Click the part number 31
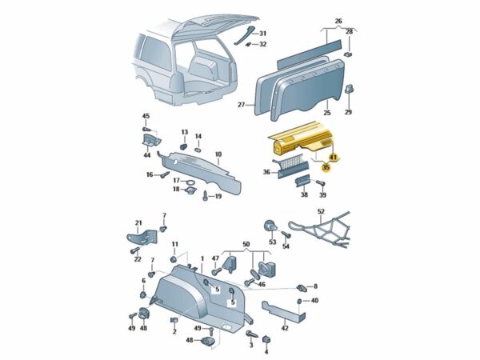pyautogui.click(x=263, y=33)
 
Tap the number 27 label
pyautogui.click(x=240, y=105)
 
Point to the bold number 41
pyautogui.click(x=334, y=158)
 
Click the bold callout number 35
pyautogui.click(x=326, y=168)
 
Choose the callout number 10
pyautogui.click(x=218, y=154)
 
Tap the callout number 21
pyautogui.click(x=138, y=223)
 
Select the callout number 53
pyautogui.click(x=273, y=242)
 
